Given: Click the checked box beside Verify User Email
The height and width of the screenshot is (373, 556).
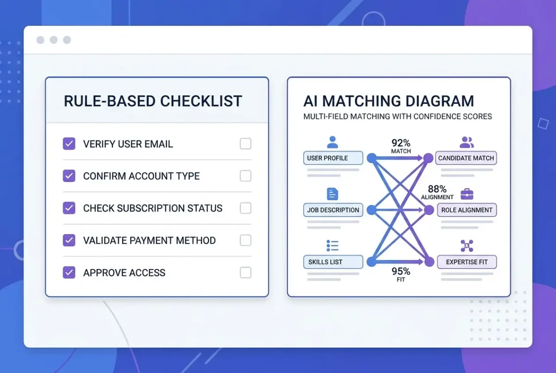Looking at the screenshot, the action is (69, 144).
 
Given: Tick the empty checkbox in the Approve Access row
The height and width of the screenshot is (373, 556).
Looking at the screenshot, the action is (246, 272).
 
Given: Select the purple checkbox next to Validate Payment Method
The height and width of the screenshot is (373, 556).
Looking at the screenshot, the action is (69, 240).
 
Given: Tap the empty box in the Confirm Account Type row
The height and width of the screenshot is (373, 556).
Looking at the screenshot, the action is (246, 176).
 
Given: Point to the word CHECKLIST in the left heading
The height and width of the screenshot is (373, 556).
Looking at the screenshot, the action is (201, 101).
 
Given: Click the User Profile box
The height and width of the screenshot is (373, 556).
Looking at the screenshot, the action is (333, 158).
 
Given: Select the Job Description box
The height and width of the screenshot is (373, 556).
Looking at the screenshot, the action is (333, 210).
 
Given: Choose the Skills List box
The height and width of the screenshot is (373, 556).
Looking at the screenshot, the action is (333, 262).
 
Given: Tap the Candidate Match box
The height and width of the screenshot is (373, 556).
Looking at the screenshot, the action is (466, 158).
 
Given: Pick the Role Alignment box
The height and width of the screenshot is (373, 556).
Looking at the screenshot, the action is (467, 210).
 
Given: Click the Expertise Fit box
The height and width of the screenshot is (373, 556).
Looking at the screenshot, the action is (467, 262).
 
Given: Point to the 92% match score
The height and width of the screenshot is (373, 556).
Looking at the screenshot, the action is (401, 143).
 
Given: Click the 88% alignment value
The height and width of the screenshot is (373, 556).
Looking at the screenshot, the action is (437, 189).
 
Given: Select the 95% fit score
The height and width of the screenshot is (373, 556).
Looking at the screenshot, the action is (401, 271).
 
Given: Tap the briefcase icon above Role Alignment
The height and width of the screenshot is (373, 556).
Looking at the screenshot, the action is (467, 194).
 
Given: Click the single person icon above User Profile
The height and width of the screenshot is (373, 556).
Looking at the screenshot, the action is (332, 142).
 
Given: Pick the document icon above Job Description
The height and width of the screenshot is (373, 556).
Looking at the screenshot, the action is (332, 194).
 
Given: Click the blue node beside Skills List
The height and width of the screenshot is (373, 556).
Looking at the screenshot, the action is (372, 262).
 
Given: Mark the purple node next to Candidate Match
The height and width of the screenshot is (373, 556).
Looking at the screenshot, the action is (428, 158).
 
